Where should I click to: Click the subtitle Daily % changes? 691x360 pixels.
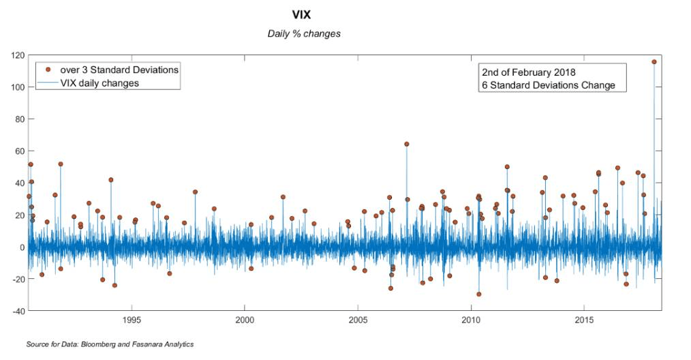(x=304, y=33)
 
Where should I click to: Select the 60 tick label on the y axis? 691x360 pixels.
(x=19, y=151)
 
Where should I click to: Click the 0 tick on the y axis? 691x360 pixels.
(x=22, y=247)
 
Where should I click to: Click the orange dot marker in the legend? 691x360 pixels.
(x=48, y=70)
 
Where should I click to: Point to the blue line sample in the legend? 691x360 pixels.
(x=48, y=83)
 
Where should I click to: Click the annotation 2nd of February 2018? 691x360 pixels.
(x=529, y=72)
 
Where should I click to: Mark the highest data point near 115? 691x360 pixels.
(x=654, y=61)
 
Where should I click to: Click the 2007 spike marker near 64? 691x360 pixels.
(x=407, y=144)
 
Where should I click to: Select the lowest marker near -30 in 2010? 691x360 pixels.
(x=479, y=294)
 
